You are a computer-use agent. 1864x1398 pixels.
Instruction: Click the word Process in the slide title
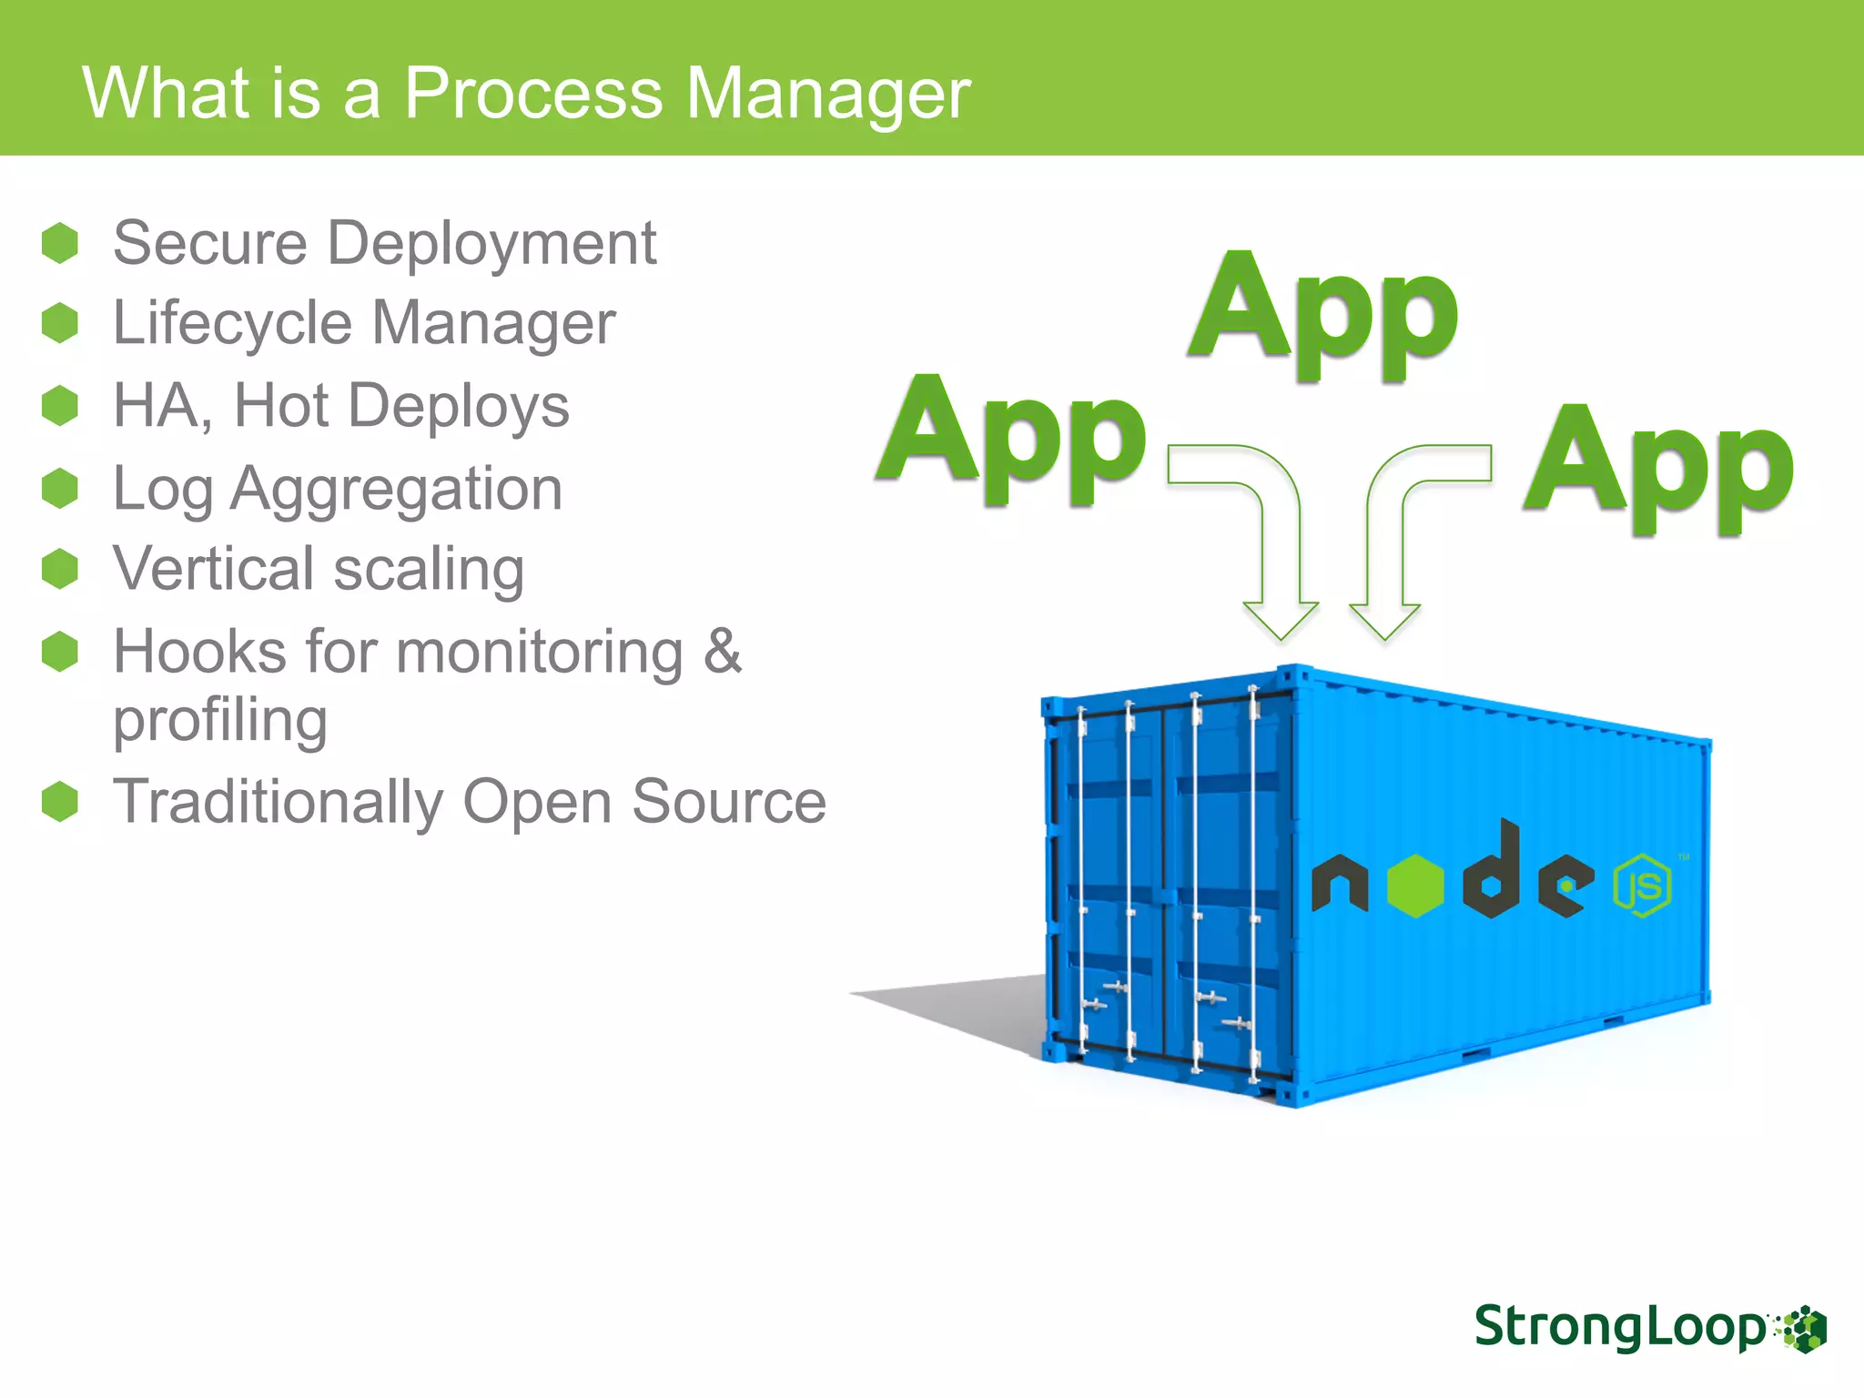click(x=533, y=94)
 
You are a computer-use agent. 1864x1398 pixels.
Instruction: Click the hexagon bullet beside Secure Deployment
click(x=60, y=243)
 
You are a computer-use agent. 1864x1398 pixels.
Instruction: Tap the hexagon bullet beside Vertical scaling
click(x=60, y=569)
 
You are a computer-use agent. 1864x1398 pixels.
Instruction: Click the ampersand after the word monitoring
click(x=723, y=651)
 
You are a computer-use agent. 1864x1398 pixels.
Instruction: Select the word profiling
click(x=220, y=721)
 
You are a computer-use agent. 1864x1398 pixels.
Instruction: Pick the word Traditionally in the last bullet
click(x=278, y=803)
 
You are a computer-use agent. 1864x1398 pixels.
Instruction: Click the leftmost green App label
click(x=1011, y=435)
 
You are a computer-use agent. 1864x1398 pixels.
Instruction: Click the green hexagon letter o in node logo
click(x=1415, y=886)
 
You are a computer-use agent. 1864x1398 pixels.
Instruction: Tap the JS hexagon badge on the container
click(x=1642, y=886)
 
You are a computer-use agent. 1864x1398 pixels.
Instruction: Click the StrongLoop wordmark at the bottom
click(x=1620, y=1327)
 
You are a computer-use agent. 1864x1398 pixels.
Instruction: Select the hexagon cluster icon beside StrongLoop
click(x=1803, y=1330)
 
